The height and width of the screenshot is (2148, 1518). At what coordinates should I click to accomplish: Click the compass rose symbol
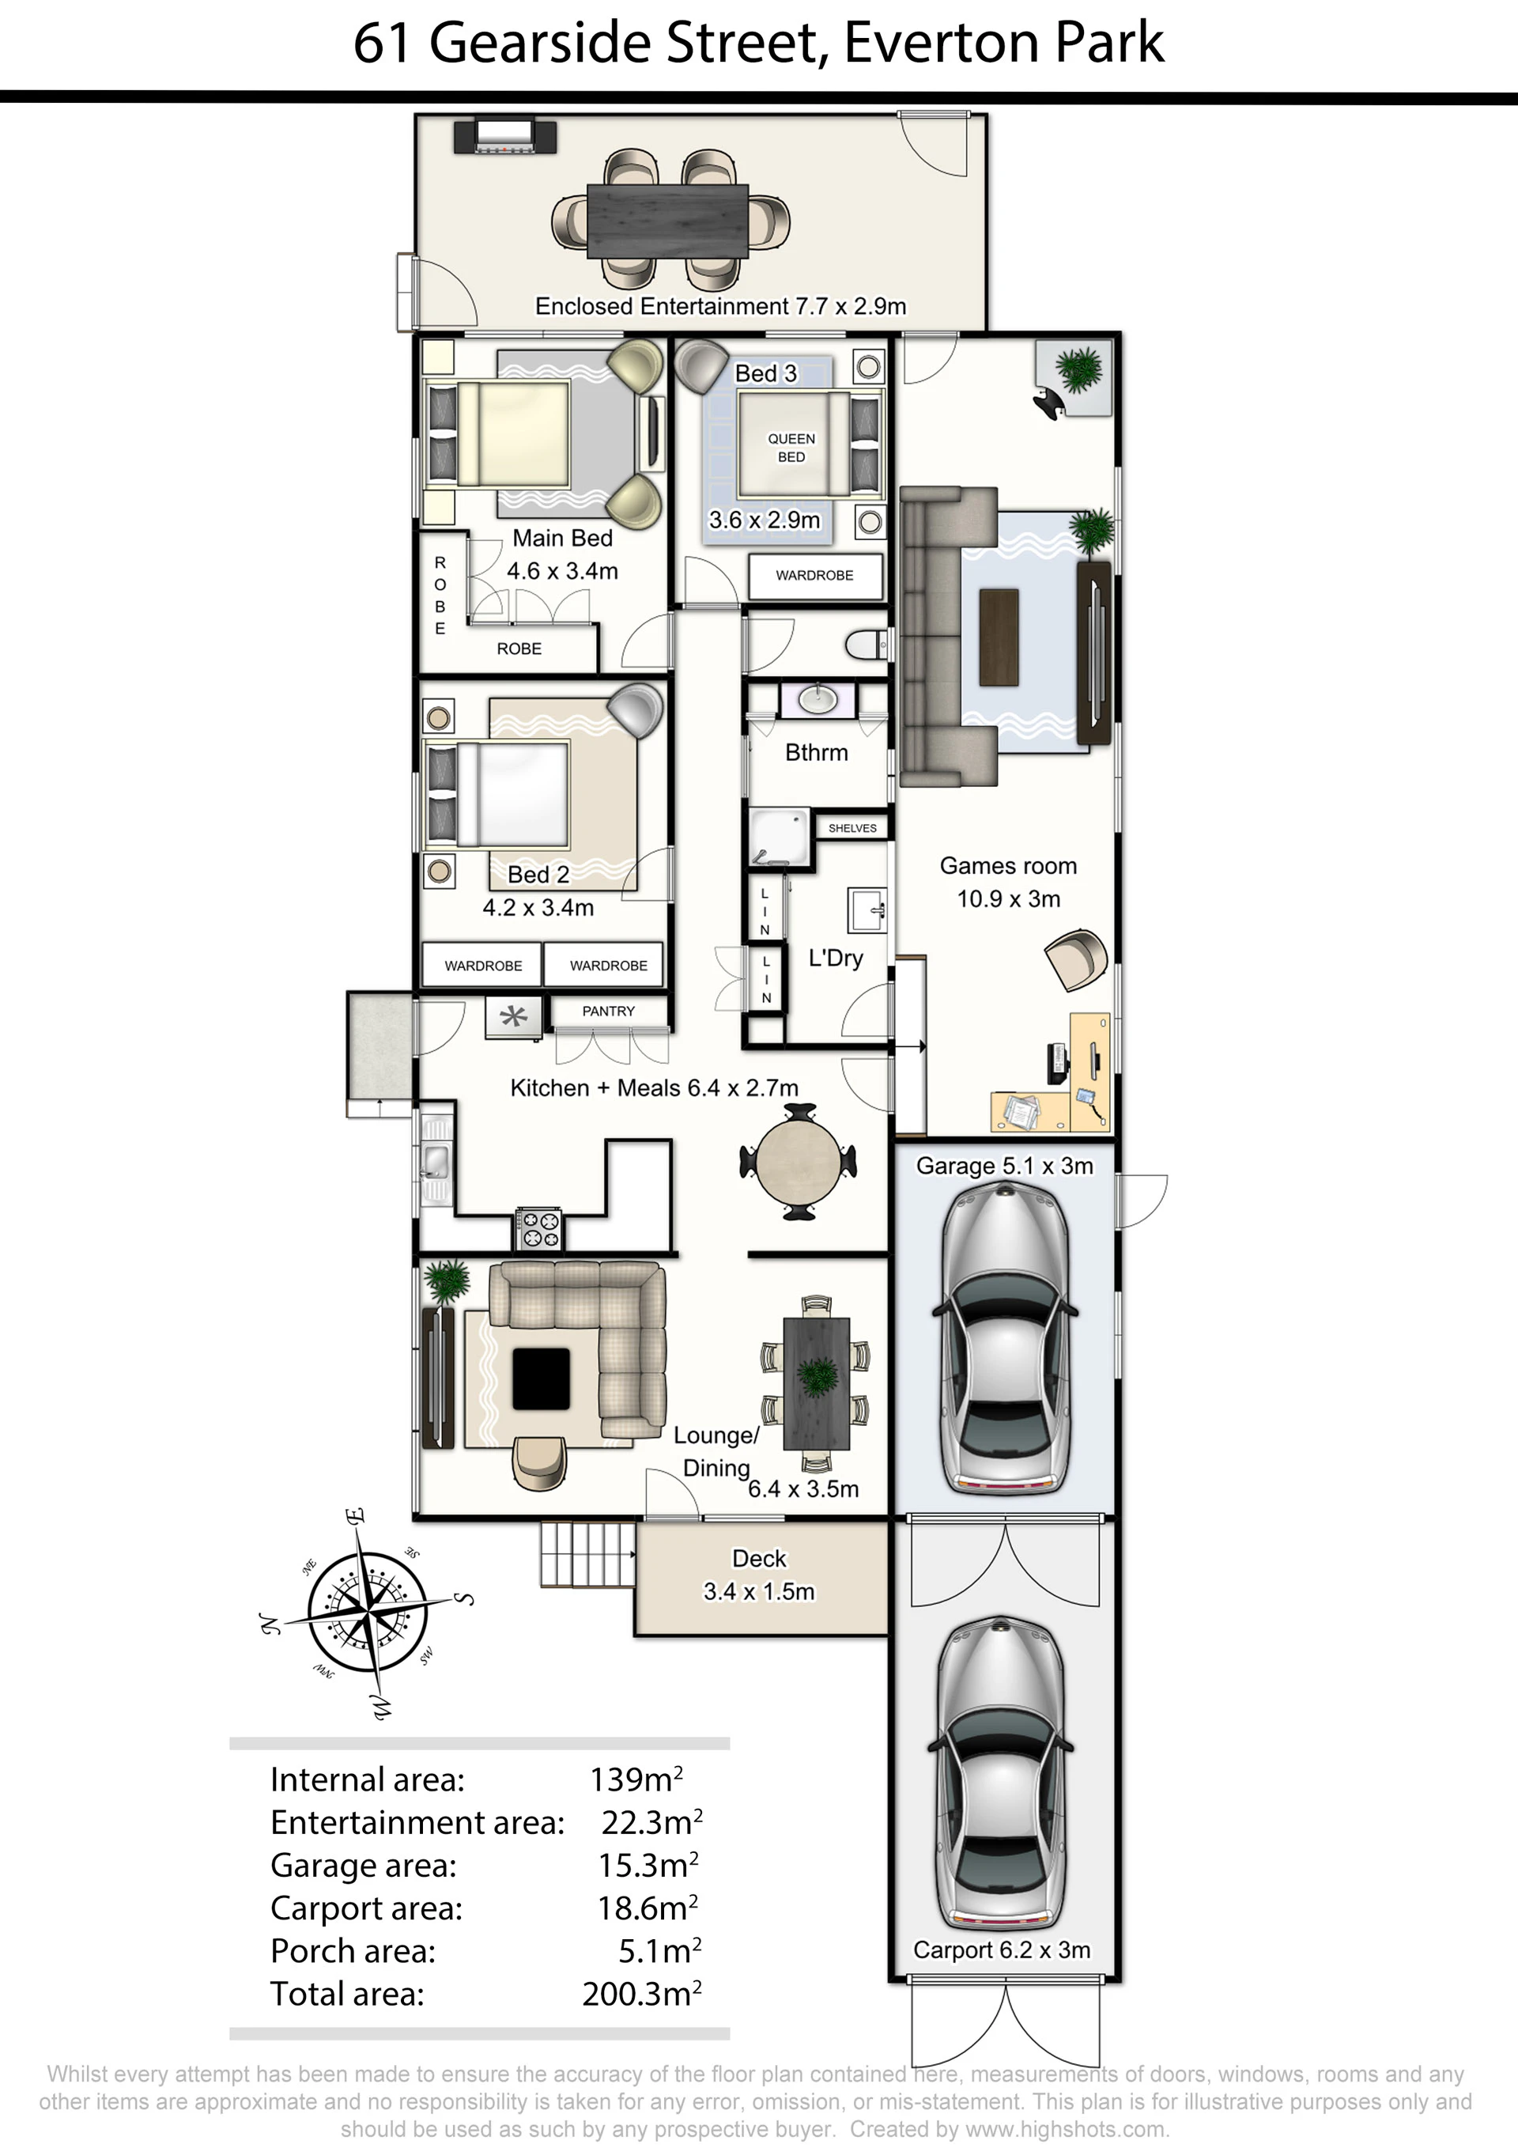point(368,1613)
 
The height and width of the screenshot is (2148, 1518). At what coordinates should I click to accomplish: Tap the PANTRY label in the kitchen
point(608,1012)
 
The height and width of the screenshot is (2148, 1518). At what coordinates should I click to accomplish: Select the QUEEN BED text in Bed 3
point(791,447)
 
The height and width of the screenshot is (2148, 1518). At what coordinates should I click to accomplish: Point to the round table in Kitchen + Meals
point(797,1162)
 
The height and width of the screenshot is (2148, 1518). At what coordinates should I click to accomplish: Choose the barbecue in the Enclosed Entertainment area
point(505,136)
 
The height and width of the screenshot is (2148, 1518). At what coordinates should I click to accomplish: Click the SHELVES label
point(852,828)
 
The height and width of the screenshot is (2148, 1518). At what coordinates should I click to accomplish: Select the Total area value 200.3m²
point(642,1993)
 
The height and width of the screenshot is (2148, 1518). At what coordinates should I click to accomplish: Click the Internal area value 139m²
point(636,1779)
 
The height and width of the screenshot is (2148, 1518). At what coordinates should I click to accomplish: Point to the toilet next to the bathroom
point(865,644)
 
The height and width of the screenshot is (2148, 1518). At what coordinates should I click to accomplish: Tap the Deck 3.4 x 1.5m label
point(760,1575)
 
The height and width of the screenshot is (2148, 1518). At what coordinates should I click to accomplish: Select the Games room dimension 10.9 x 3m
point(1008,899)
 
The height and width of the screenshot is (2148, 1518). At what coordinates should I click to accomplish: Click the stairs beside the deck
point(588,1554)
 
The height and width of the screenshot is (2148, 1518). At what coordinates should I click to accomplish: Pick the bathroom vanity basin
point(818,699)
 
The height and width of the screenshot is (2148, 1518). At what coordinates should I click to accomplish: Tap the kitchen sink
point(434,1161)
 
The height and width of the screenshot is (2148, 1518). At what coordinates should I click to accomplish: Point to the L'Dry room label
point(835,958)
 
